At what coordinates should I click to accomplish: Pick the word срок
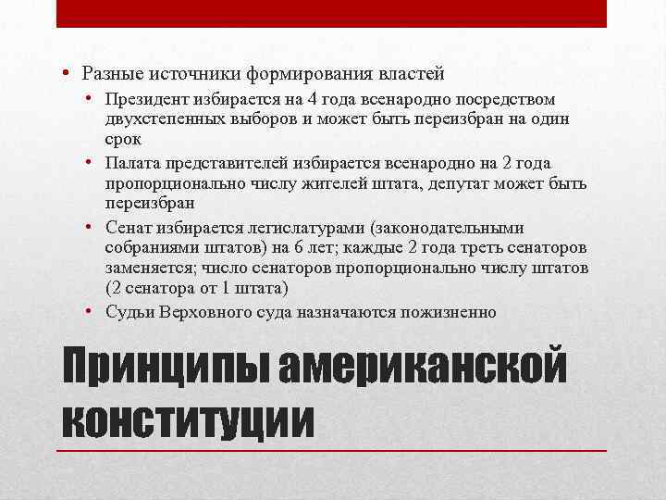pos(122,139)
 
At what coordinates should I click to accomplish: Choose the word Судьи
pos(127,312)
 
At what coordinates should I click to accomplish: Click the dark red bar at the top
pos(332,13)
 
